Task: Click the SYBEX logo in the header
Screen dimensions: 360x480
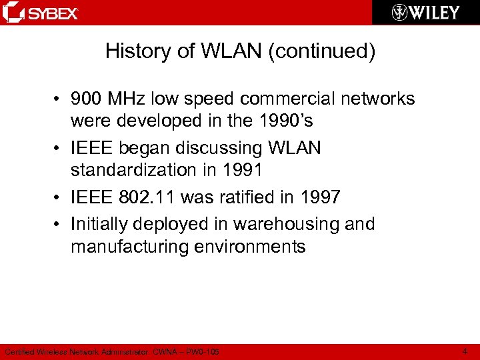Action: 41,13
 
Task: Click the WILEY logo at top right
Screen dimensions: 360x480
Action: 425,13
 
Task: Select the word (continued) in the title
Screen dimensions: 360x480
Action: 321,51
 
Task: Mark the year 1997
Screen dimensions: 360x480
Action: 317,197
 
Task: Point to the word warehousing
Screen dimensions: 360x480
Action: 300,224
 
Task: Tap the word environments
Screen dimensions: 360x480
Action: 250,247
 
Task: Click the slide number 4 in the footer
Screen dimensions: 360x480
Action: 464,351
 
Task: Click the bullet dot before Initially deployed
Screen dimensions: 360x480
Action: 59,225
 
